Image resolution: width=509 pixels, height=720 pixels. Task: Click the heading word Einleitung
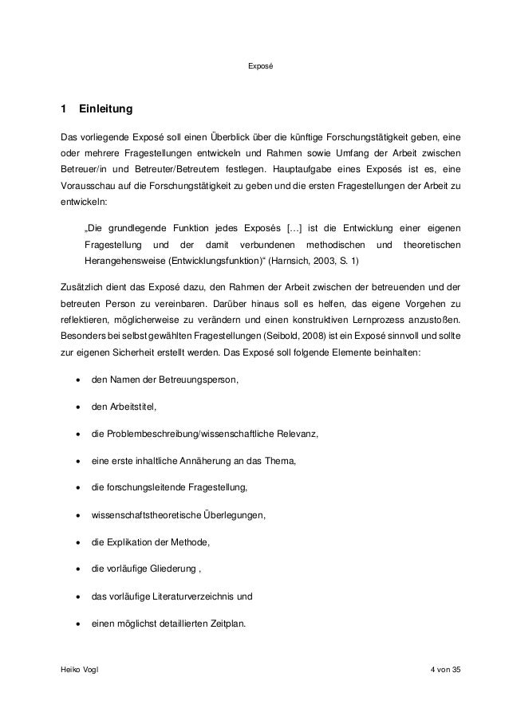point(106,108)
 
